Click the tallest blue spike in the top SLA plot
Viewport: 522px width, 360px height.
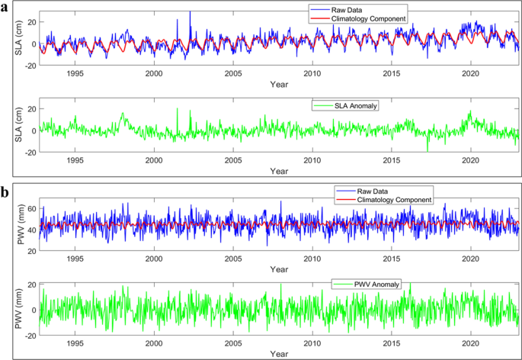(x=190, y=12)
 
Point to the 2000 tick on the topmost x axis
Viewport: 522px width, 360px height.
(x=154, y=73)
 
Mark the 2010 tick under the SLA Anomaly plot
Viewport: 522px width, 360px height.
(x=312, y=162)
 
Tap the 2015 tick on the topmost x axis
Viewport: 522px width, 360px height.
(x=391, y=73)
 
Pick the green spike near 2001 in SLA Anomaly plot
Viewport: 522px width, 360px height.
(x=178, y=110)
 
